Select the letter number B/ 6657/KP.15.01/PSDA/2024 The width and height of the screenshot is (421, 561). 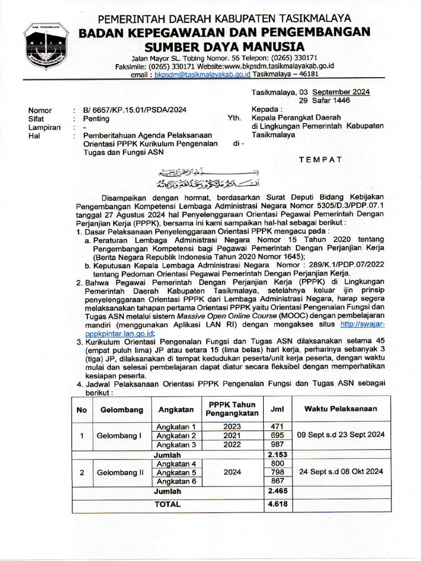pos(134,110)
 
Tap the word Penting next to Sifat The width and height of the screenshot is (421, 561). pos(96,119)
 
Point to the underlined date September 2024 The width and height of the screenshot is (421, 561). pos(341,92)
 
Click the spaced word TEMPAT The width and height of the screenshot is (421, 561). pos(320,159)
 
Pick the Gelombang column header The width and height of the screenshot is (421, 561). pos(117,409)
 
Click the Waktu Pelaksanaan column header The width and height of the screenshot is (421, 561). pos(340,409)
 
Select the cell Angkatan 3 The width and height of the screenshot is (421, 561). pos(177,445)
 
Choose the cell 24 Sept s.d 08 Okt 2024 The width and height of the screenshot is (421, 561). pos(340,472)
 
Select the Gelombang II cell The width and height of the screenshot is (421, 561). pos(117,472)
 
